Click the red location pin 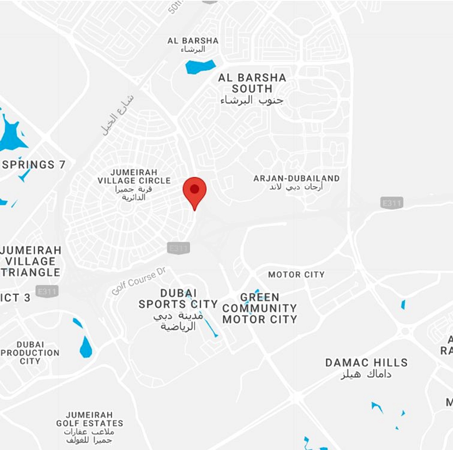[194, 190]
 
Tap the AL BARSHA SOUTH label [252, 83]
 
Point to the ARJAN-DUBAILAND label [296, 179]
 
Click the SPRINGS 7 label [34, 165]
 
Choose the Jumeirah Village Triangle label [31, 261]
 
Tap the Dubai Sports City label [178, 299]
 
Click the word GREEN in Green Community [260, 297]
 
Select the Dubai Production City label [30, 353]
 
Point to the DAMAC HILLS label [366, 363]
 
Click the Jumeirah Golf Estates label [89, 419]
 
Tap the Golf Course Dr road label [139, 281]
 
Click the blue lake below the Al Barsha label [200, 67]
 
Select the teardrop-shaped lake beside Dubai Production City [86, 348]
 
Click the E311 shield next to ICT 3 [47, 291]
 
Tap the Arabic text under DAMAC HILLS [366, 374]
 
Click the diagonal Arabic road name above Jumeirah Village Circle [117, 115]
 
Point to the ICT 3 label [15, 298]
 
